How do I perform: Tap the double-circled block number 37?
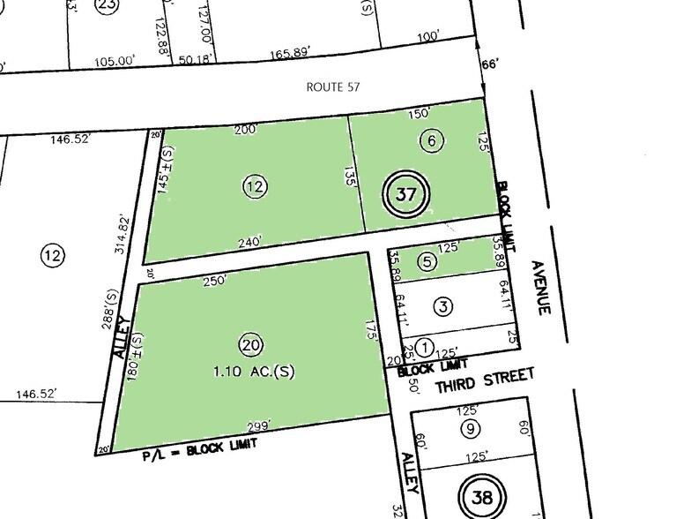(x=405, y=195)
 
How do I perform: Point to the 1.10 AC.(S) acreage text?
(x=249, y=372)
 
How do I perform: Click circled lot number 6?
(x=430, y=139)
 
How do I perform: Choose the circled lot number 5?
(x=427, y=261)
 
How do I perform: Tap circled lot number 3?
(x=443, y=306)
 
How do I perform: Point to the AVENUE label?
(x=541, y=288)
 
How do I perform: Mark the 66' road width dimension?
(x=490, y=64)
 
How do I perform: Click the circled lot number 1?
(x=426, y=347)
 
